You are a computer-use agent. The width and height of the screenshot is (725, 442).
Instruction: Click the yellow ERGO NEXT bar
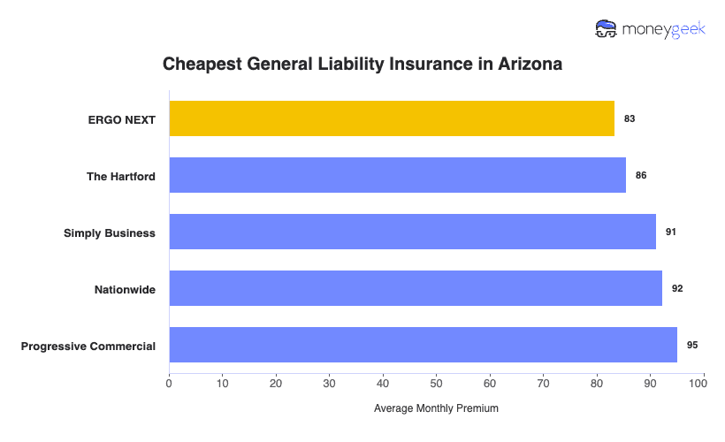(x=392, y=118)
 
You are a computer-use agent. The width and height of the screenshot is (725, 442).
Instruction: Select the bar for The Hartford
(x=397, y=175)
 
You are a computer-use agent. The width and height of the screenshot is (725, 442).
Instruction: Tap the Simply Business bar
(x=412, y=232)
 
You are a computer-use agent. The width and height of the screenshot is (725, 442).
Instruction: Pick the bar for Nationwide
(x=416, y=288)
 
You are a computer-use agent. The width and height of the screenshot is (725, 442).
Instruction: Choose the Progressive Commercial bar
(x=423, y=345)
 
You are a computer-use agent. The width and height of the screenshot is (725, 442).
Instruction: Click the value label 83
(x=630, y=118)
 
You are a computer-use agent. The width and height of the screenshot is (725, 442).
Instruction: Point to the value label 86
(x=641, y=175)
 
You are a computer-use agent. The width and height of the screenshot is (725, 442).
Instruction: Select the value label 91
(x=671, y=232)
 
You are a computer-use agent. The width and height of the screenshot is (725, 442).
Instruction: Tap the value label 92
(x=677, y=288)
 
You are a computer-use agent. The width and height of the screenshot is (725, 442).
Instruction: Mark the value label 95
(x=692, y=345)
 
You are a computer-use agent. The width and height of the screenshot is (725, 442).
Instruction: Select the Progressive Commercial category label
(x=88, y=346)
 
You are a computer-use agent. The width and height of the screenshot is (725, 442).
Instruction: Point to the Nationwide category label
(x=125, y=289)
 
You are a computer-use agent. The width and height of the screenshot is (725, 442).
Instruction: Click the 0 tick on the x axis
(x=169, y=384)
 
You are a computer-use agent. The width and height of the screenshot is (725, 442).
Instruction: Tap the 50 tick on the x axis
(x=437, y=384)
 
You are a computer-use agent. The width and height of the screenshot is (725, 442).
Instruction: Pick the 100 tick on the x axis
(x=703, y=384)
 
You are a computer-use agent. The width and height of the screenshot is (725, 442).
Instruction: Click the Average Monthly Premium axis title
(x=436, y=409)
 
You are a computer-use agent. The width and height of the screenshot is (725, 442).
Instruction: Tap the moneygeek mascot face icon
(x=607, y=29)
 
